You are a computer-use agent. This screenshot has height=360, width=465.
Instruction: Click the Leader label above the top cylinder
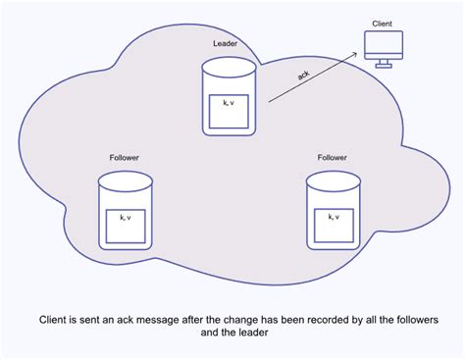[226, 44]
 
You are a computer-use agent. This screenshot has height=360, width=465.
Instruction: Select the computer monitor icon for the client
[384, 44]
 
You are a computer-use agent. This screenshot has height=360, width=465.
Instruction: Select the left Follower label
[125, 157]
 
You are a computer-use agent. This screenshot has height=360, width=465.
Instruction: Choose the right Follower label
[333, 157]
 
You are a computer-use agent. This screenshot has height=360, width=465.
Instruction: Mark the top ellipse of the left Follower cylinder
[126, 180]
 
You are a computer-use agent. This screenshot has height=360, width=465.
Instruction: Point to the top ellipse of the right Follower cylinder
[333, 180]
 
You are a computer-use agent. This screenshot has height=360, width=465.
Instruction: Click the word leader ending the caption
[251, 334]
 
